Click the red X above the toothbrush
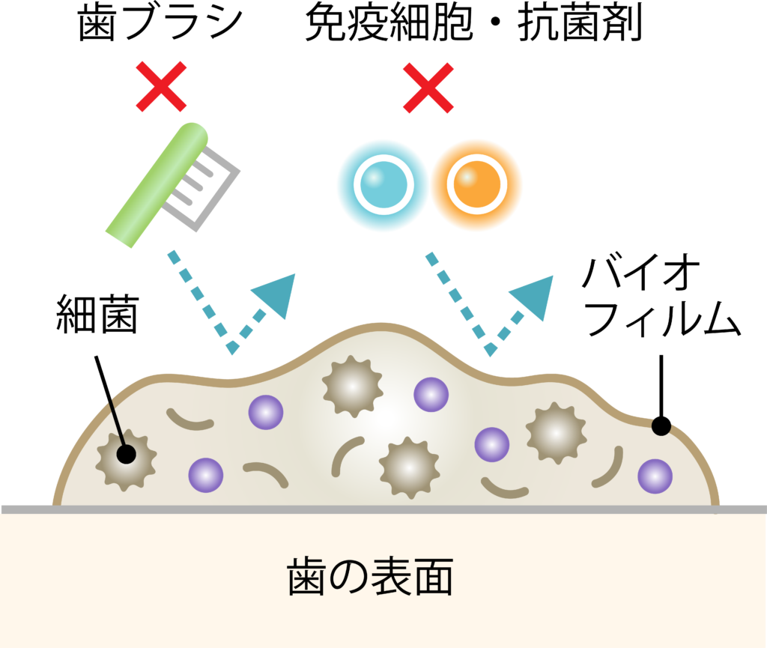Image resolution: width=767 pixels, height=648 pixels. tap(161, 87)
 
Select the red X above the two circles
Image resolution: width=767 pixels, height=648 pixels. tap(428, 88)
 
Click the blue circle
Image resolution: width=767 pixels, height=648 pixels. tap(382, 185)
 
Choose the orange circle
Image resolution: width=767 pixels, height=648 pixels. tap(476, 184)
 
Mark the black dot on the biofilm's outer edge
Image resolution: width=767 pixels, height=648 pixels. tap(661, 426)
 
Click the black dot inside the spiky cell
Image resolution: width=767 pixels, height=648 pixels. tap(126, 454)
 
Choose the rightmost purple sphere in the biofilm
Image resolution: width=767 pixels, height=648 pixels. tap(655, 476)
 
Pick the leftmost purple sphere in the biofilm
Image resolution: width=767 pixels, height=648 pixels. tap(205, 474)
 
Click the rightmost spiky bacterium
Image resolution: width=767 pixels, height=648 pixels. tap(556, 432)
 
